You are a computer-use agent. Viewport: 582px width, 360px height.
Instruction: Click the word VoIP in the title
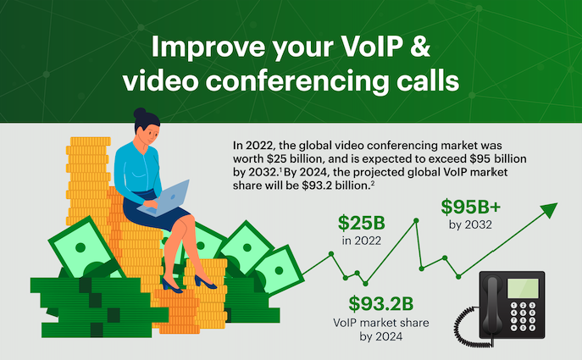pos(382,47)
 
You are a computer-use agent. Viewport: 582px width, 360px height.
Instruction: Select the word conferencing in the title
pos(308,82)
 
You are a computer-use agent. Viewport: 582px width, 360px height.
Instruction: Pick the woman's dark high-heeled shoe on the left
pos(170,287)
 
